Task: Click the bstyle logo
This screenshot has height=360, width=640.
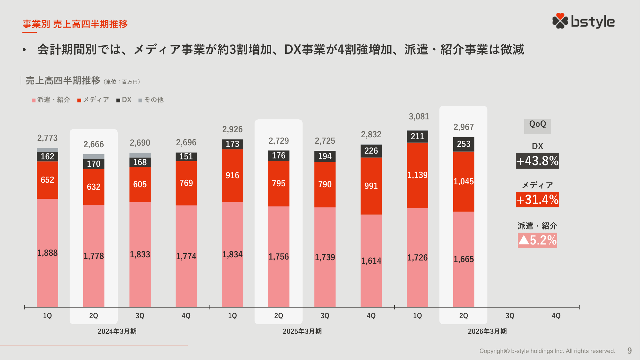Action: pos(583,21)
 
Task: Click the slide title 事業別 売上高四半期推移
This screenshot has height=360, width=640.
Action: pos(75,24)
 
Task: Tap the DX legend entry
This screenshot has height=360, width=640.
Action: pos(124,100)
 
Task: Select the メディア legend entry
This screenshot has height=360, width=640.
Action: pos(93,100)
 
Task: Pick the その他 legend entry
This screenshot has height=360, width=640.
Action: pos(151,100)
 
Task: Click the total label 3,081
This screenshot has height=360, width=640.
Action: pos(419,116)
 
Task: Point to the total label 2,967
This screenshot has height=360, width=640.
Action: pos(463,127)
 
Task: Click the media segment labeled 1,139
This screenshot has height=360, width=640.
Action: pos(417,175)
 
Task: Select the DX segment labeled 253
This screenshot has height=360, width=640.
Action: pos(463,144)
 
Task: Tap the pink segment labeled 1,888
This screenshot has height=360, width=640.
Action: pos(47,253)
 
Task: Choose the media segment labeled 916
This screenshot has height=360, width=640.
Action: pos(232,175)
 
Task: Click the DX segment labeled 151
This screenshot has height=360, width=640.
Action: pos(186,156)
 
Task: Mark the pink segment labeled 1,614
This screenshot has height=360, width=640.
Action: pos(371,261)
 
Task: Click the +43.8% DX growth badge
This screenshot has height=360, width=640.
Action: pos(537,161)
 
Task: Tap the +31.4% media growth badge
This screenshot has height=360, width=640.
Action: pos(537,200)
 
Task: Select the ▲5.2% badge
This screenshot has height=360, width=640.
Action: pos(537,240)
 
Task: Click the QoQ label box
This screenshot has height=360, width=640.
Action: pos(537,125)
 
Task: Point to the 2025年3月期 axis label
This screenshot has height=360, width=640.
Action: pos(302,331)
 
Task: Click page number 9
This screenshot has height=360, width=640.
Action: pos(629,351)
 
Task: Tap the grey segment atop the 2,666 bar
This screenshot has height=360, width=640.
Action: pos(94,156)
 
